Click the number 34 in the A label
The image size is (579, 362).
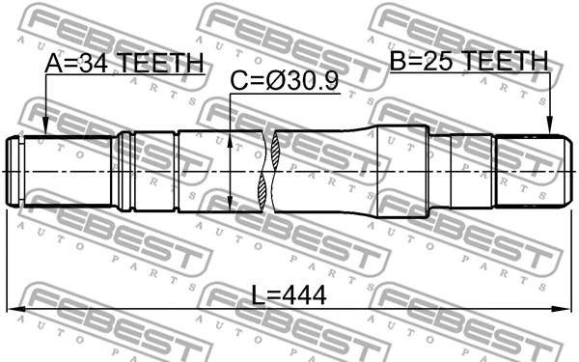(94, 63)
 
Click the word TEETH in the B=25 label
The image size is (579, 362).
(504, 63)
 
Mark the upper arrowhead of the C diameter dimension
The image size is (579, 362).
(231, 136)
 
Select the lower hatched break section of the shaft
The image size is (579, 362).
(269, 192)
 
